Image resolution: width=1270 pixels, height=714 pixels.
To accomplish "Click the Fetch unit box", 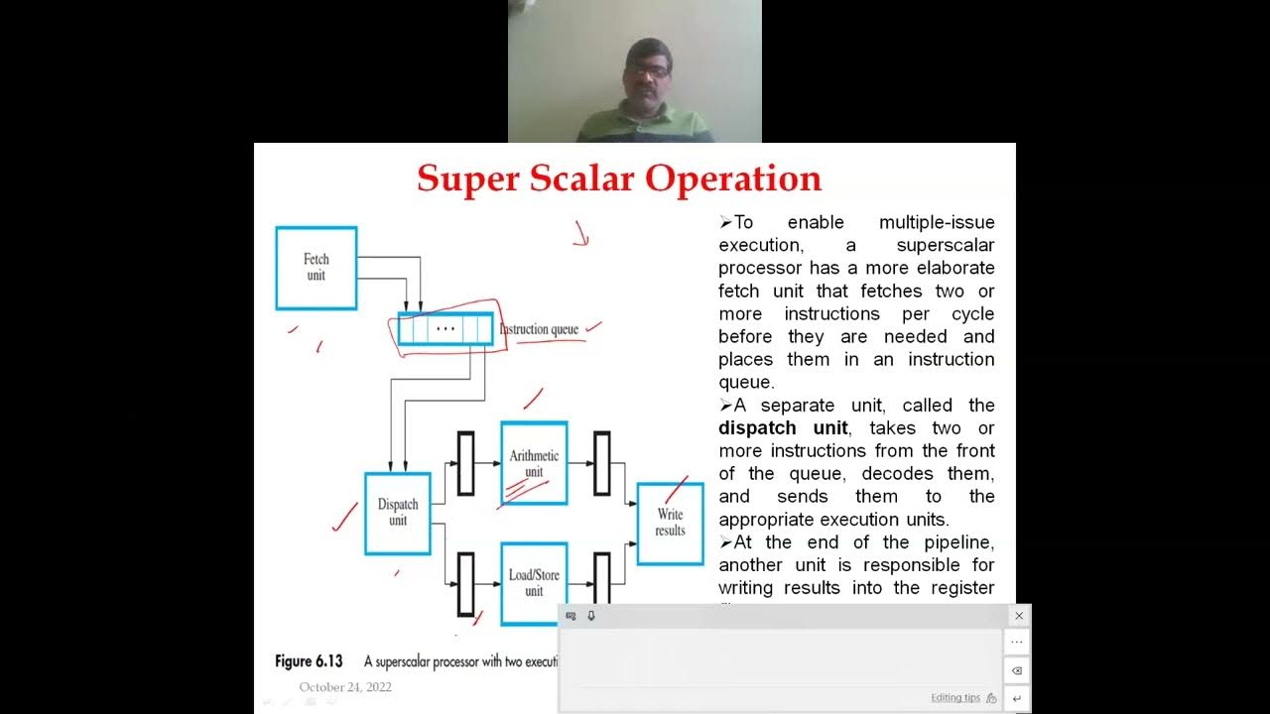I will (316, 268).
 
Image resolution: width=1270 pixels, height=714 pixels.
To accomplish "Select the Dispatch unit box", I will (398, 513).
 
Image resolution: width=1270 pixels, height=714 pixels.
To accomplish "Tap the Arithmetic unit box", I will (534, 463).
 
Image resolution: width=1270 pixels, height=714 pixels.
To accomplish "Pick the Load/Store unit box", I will (534, 582).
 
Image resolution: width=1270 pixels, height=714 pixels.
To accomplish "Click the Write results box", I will (670, 523).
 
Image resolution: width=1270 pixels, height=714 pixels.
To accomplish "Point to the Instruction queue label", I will (539, 329).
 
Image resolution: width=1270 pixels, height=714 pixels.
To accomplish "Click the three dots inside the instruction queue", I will (445, 328).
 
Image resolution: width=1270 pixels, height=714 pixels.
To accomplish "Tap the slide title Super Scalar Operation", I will (619, 178).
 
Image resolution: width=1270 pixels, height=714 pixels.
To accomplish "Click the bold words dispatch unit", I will (783, 428).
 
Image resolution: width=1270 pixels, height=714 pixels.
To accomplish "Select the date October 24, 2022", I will (345, 687).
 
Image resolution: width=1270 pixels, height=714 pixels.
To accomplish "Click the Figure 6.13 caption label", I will (309, 661).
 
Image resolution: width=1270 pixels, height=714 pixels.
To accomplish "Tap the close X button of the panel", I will (1018, 616).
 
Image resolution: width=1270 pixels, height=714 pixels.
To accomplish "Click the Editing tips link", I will (955, 698).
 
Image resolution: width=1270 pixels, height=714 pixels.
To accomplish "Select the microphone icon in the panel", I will (591, 616).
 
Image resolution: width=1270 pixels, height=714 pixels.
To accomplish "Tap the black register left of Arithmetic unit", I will (465, 463).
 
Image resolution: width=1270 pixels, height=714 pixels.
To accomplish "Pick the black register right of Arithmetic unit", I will (601, 463).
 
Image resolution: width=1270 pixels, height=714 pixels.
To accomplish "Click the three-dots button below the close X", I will (1017, 643).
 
